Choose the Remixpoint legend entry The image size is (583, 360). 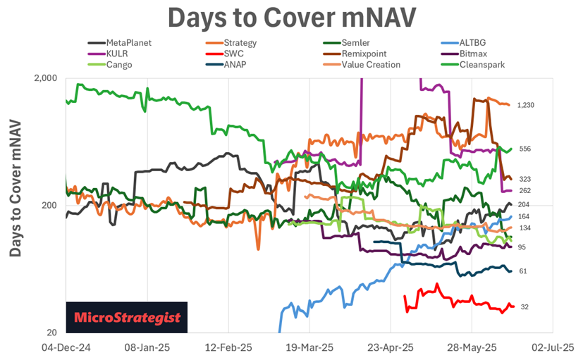click(x=366, y=54)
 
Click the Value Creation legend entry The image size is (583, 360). click(x=371, y=65)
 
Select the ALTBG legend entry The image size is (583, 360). click(x=472, y=43)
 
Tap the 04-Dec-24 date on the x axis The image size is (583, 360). click(x=66, y=347)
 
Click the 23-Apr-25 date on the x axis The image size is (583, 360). click(x=391, y=347)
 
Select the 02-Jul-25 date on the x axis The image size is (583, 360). click(x=552, y=347)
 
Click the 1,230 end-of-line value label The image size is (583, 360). click(x=527, y=105)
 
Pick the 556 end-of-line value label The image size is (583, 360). click(x=524, y=149)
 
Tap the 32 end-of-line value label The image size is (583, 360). click(x=524, y=306)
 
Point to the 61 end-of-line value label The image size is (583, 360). click(x=522, y=271)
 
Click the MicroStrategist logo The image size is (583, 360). click(x=128, y=318)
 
